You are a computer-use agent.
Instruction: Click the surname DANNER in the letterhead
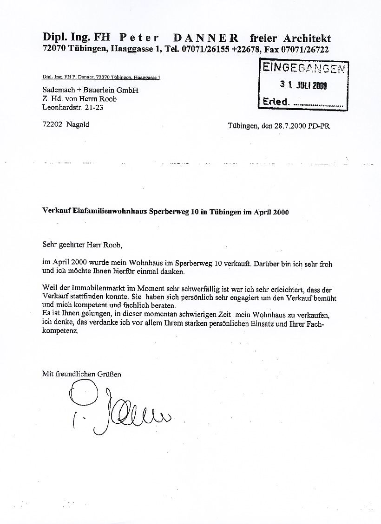click(206, 38)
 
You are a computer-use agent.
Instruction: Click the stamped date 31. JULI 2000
click(303, 85)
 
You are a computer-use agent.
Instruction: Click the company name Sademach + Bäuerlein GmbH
click(90, 90)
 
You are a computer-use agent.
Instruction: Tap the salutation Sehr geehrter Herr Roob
click(84, 244)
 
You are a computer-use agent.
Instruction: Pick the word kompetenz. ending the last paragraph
click(60, 332)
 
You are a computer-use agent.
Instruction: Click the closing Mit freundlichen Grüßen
click(81, 374)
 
